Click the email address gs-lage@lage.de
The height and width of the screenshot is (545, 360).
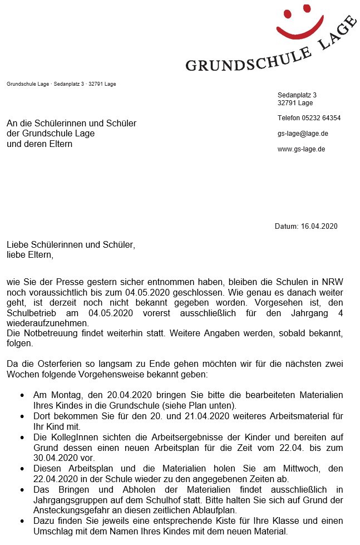[303, 134]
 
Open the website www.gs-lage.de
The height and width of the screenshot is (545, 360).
[301, 149]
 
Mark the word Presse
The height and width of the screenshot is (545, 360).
[77, 282]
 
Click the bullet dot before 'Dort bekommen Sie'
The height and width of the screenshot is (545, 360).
[22, 416]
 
